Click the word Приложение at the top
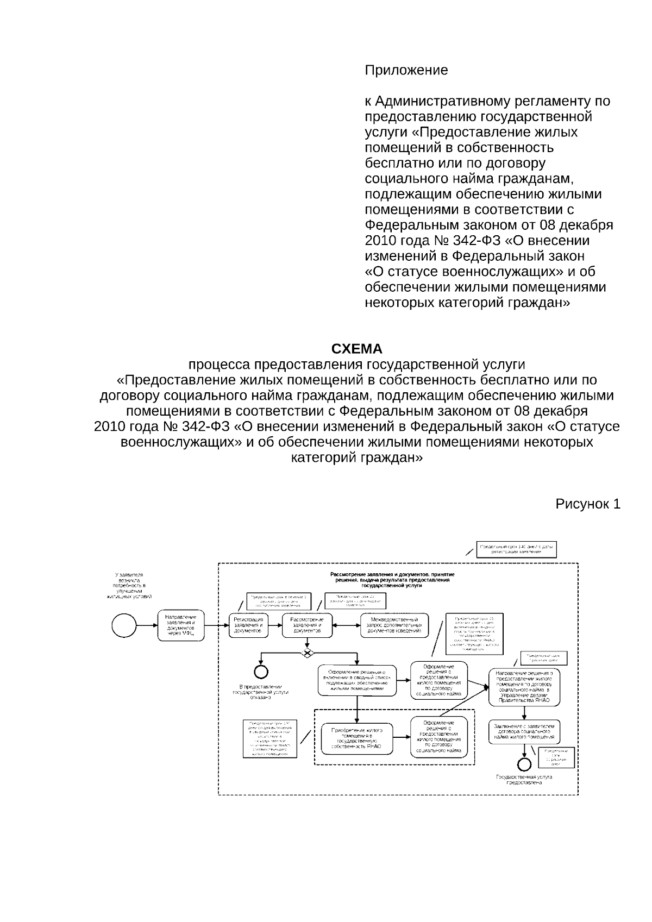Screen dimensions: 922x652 tap(406, 71)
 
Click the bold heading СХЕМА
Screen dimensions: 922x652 tap(356, 349)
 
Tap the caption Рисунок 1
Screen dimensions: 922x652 tap(587, 504)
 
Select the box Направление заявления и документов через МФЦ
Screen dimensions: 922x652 tap(181, 625)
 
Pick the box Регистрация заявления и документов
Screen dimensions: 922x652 tap(248, 625)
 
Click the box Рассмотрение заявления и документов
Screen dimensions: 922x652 tap(307, 625)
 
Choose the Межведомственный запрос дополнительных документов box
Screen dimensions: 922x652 tap(394, 625)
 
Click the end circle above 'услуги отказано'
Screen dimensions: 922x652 tap(261, 672)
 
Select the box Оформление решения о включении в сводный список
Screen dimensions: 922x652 tap(356, 680)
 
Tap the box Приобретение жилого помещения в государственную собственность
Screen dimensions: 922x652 tap(356, 738)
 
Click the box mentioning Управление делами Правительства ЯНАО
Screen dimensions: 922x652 tap(524, 687)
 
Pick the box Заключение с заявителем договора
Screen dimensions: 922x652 tap(524, 731)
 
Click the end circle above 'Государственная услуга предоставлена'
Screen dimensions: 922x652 tap(524, 765)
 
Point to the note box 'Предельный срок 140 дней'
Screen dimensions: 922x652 tap(517, 549)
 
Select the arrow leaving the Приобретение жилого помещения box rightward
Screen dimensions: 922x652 tap(402, 737)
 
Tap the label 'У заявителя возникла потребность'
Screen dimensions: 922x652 tap(129, 585)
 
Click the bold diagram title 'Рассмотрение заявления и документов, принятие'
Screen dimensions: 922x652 tap(392, 574)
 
